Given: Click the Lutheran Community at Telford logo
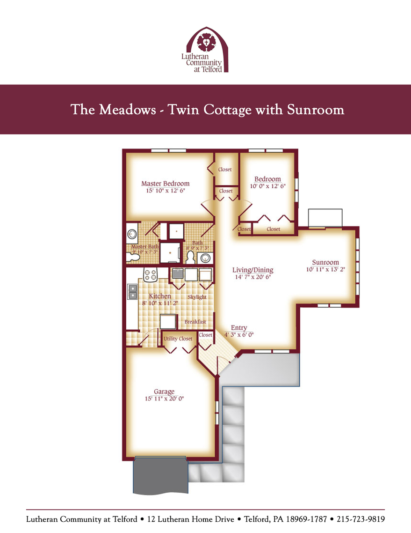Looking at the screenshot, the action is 205,50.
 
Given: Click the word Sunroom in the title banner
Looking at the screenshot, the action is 316,110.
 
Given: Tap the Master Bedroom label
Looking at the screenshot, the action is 165,183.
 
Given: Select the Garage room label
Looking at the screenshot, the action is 164,392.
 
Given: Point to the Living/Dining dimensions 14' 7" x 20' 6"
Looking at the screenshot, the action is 253,277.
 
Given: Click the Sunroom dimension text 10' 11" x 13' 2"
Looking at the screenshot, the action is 325,269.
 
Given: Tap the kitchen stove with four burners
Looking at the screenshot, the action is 151,274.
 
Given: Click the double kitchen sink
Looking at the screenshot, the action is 132,292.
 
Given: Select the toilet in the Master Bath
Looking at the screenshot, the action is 133,257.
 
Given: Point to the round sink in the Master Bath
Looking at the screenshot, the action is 132,234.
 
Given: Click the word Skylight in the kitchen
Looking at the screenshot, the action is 197,297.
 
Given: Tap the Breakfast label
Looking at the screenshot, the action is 195,322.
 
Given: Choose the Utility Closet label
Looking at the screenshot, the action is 178,339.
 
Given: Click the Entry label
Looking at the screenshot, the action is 239,328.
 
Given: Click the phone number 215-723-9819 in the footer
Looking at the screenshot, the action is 361,519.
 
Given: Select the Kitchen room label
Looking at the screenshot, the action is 160,296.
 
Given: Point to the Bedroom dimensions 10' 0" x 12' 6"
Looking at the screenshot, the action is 268,186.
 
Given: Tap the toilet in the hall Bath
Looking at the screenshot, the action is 190,258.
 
